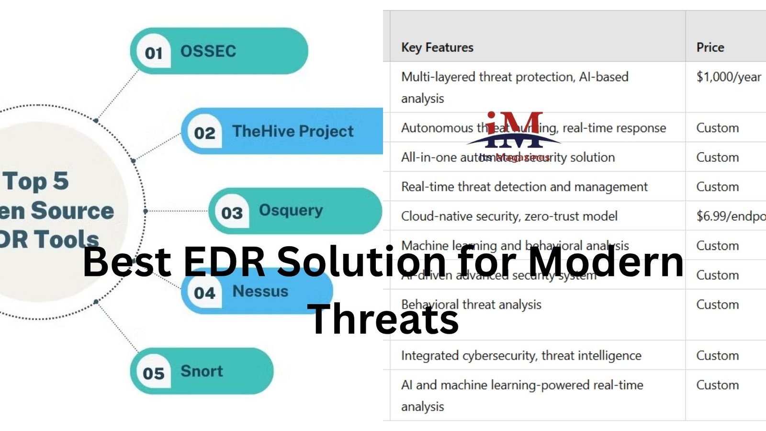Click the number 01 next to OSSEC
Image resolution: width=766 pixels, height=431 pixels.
pyautogui.click(x=154, y=53)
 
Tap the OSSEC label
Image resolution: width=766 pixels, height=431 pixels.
pyautogui.click(x=208, y=51)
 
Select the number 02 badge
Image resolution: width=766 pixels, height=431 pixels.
pyautogui.click(x=204, y=133)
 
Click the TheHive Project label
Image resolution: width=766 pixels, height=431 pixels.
pyautogui.click(x=293, y=131)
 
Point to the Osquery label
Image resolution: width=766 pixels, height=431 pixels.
pyautogui.click(x=291, y=210)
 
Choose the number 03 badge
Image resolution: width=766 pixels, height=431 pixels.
pyautogui.click(x=232, y=213)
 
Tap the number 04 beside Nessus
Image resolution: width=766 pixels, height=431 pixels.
pyautogui.click(x=204, y=293)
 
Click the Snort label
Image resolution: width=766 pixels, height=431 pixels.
pyautogui.click(x=202, y=371)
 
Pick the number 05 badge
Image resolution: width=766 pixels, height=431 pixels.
pyautogui.click(x=154, y=373)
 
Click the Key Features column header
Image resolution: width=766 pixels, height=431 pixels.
pyautogui.click(x=437, y=47)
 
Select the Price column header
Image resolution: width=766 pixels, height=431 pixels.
pyautogui.click(x=710, y=47)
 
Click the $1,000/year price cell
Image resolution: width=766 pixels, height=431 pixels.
pyautogui.click(x=728, y=77)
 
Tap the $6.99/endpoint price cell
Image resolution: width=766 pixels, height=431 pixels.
pyautogui.click(x=731, y=216)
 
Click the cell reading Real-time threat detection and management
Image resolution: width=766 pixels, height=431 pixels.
pyautogui.click(x=524, y=187)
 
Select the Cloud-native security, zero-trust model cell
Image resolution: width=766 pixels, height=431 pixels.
pyautogui.click(x=509, y=216)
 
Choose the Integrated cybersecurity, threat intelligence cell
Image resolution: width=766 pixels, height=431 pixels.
pyautogui.click(x=521, y=355)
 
